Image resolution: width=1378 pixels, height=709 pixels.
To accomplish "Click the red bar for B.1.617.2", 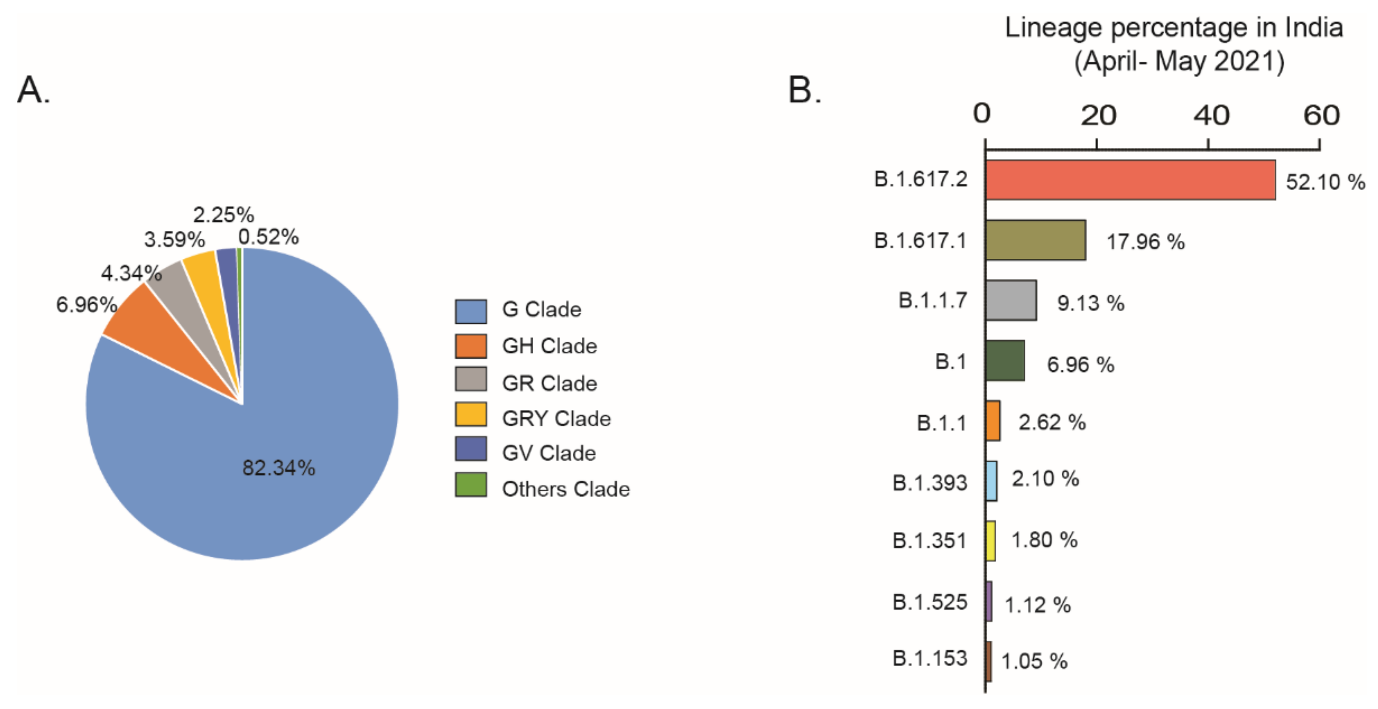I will pyautogui.click(x=1130, y=180).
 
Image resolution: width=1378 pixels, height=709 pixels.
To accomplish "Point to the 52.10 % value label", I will pyautogui.click(x=1325, y=182).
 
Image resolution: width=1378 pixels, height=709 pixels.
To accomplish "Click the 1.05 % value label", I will pyautogui.click(x=1034, y=661).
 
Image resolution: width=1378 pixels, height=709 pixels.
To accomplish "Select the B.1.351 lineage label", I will pyautogui.click(x=929, y=541).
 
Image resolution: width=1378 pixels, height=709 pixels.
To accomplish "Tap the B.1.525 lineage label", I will pyautogui.click(x=929, y=602).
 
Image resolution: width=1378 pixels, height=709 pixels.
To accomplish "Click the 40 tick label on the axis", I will pyautogui.click(x=1211, y=115).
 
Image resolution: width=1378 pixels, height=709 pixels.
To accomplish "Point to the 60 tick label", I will pyautogui.click(x=1321, y=115).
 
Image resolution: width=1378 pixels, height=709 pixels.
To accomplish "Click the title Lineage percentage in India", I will pyautogui.click(x=1174, y=28).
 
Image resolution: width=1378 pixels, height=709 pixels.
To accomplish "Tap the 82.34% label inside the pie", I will pyautogui.click(x=279, y=468).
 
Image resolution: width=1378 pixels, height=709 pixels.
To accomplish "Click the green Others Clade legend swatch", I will pyautogui.click(x=471, y=484).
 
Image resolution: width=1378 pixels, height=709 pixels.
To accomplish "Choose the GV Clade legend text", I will pyautogui.click(x=548, y=453).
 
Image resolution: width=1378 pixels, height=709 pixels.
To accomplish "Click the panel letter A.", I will pyautogui.click(x=33, y=90).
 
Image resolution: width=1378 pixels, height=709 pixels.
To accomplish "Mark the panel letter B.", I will pyautogui.click(x=804, y=90).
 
